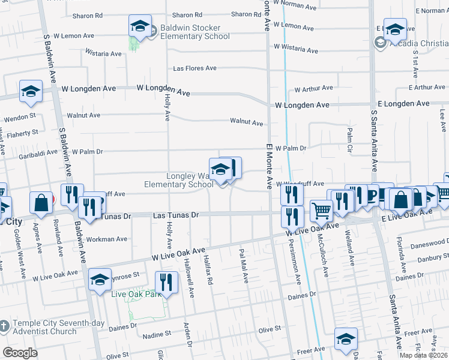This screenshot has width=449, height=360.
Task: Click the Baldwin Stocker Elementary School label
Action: click(190, 32)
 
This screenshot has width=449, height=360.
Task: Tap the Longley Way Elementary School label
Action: click(178, 180)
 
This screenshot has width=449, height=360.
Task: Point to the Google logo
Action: click(20, 352)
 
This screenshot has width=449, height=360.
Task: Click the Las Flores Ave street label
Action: click(194, 68)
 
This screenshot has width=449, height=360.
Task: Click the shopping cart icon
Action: click(321, 211)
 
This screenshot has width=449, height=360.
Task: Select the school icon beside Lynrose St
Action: click(100, 279)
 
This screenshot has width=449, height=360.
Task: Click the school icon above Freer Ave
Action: click(346, 338)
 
